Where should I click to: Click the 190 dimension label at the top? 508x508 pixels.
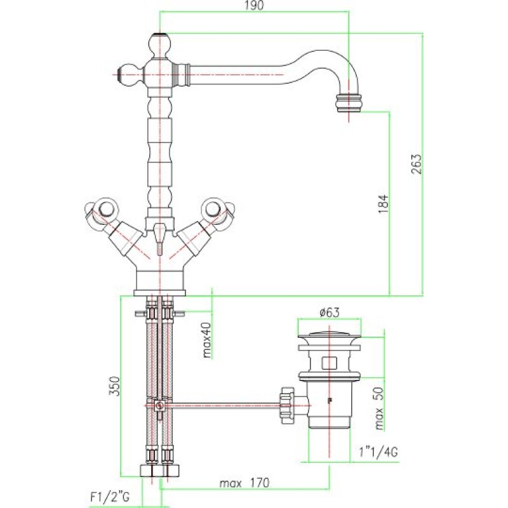[x=255, y=6]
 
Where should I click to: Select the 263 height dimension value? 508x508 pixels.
[x=417, y=164]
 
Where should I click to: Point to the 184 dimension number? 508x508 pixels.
[x=384, y=203]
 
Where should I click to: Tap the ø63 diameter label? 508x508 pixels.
[x=330, y=312]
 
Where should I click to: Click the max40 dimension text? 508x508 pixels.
[x=207, y=340]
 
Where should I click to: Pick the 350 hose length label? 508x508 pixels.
[x=114, y=386]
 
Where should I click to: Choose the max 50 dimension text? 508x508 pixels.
[x=378, y=408]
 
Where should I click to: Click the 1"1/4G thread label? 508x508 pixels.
[x=378, y=451]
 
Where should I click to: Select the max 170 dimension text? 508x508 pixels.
[x=244, y=483]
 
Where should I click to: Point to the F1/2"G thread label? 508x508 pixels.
[x=109, y=497]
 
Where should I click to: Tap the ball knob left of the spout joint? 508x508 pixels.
[x=128, y=75]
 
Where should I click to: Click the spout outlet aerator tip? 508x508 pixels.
[x=349, y=103]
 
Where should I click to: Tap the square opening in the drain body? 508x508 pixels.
[x=330, y=363]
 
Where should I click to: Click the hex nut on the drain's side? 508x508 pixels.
[x=287, y=405]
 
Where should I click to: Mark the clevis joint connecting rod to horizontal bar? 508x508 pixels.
[x=159, y=406]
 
